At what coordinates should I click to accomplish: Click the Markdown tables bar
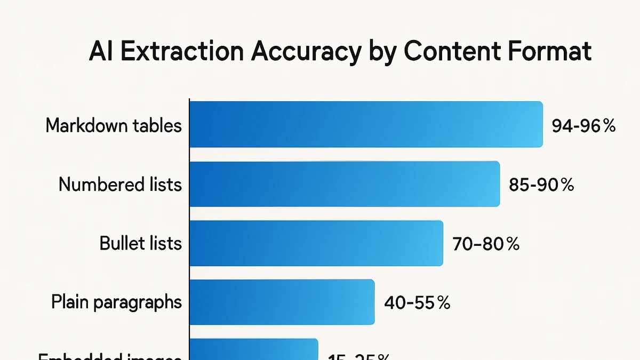[x=366, y=124]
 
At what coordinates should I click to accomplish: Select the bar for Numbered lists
[x=345, y=184]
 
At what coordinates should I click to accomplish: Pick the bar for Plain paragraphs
[x=282, y=302]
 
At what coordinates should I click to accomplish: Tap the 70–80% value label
[x=486, y=244]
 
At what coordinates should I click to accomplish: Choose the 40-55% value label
[x=417, y=303]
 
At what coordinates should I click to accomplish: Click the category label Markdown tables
[x=114, y=126]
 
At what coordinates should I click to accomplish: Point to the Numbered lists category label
[x=120, y=185]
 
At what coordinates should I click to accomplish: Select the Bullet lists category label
[x=141, y=243]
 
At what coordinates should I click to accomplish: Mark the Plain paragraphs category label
[x=117, y=302]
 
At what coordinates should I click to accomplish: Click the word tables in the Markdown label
[x=156, y=126]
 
